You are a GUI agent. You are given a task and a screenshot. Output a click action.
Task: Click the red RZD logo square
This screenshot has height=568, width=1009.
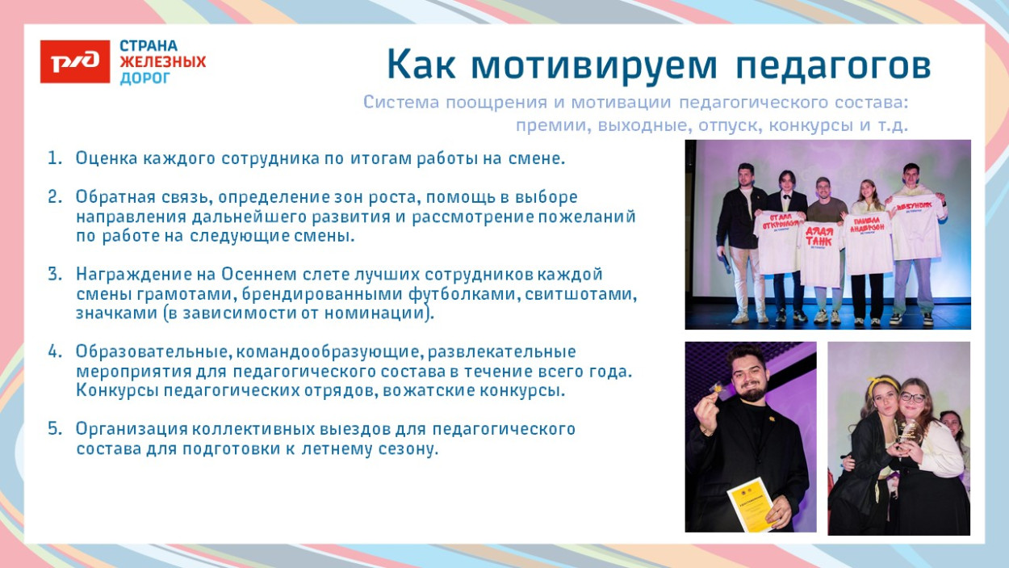75,61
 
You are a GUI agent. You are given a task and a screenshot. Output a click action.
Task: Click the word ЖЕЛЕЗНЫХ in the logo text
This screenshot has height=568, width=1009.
162,62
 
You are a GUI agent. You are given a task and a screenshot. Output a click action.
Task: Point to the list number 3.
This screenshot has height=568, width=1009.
54,275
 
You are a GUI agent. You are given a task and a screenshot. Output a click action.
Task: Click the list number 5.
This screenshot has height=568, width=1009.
54,429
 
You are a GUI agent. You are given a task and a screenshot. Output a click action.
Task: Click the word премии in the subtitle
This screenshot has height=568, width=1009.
547,126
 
